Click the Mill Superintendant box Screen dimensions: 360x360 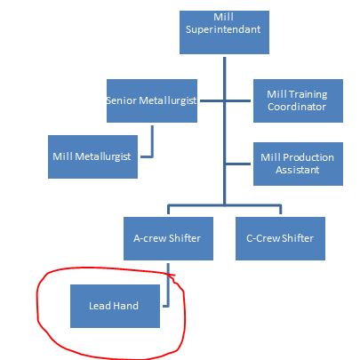(x=224, y=32)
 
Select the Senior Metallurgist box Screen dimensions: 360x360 (x=152, y=100)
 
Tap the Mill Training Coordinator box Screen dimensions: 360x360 (x=298, y=100)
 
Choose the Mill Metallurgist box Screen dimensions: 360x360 (x=92, y=157)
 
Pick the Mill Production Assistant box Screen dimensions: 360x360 (x=298, y=164)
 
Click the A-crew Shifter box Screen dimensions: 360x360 (x=168, y=238)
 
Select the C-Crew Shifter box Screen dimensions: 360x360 (x=280, y=238)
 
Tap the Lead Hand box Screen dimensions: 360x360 (x=115, y=306)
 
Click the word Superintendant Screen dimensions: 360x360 (x=223, y=29)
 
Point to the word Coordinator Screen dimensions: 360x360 (x=297, y=107)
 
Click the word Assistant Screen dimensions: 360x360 (x=298, y=170)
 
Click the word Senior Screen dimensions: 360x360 (x=122, y=100)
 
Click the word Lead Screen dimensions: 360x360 (x=100, y=306)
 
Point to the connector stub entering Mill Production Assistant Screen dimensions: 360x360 (x=237, y=164)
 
